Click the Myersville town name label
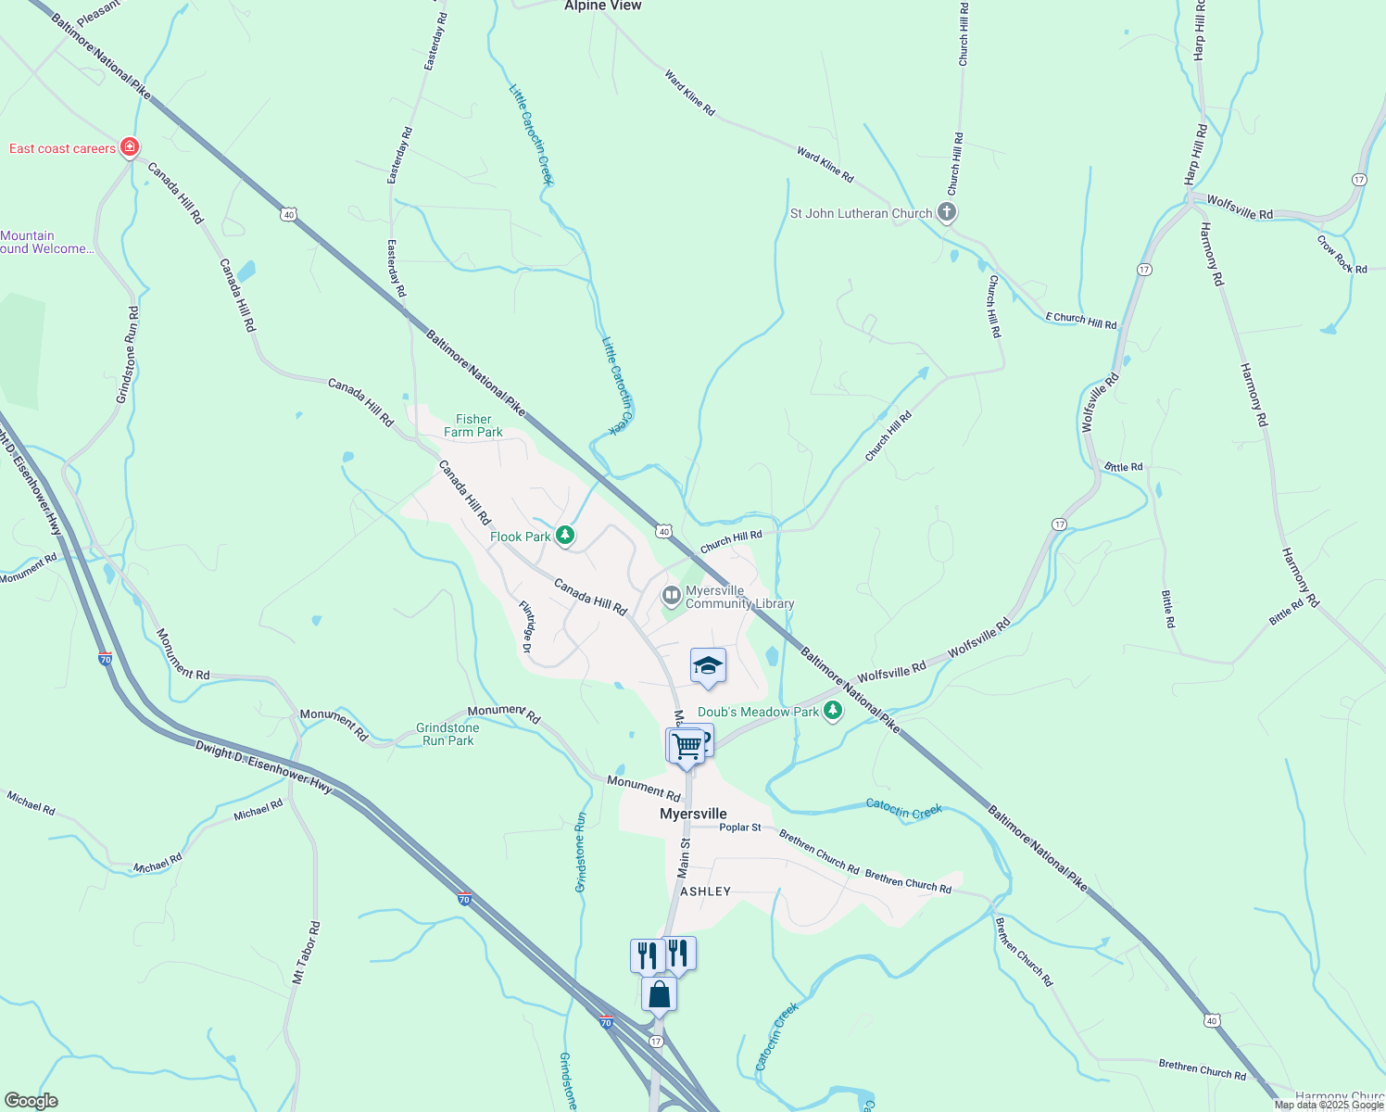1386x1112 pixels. (693, 814)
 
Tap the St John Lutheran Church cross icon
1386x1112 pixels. (946, 213)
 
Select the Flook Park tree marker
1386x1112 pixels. (564, 536)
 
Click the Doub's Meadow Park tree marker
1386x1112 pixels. (833, 711)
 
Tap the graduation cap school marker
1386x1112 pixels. (708, 665)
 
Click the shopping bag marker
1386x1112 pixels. (659, 995)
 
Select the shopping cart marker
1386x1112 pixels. (687, 745)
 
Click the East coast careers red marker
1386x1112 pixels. (130, 147)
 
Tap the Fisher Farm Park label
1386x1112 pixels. (473, 425)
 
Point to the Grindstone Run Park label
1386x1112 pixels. (447, 734)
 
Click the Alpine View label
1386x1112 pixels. (603, 6)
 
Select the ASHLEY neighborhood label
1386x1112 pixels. (706, 891)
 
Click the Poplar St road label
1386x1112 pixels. (740, 828)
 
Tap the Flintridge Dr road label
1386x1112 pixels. (526, 627)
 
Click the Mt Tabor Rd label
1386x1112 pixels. (306, 953)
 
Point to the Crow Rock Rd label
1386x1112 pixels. (1342, 254)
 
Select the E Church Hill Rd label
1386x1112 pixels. (1081, 321)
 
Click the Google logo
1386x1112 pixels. (31, 1101)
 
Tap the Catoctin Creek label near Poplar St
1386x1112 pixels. (903, 809)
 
